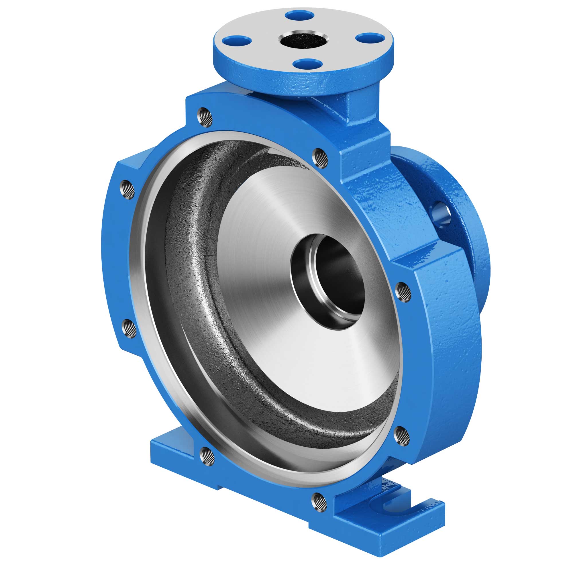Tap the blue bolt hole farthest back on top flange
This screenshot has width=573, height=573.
(x=300, y=15)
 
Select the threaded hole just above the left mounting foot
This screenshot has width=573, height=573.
(x=207, y=457)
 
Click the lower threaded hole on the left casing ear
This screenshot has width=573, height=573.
(x=129, y=328)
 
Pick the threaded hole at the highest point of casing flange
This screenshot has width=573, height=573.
(x=205, y=117)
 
